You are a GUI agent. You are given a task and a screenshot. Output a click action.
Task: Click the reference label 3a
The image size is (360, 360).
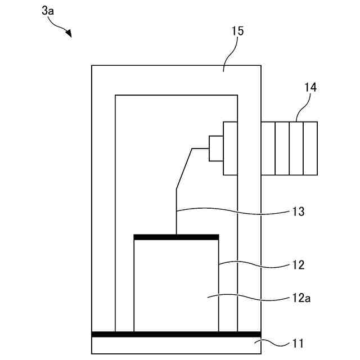pyautogui.click(x=48, y=10)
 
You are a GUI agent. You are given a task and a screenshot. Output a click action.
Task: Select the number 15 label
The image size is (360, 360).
pyautogui.click(x=237, y=31)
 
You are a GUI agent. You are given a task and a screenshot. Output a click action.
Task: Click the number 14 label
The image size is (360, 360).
pyautogui.click(x=310, y=87)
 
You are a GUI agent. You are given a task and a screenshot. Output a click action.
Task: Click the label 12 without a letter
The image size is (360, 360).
pyautogui.click(x=299, y=264)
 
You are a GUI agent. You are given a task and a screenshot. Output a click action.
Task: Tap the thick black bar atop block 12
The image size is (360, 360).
pyautogui.click(x=176, y=237)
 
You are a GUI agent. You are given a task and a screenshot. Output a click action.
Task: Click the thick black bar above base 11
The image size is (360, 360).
pyautogui.click(x=176, y=334)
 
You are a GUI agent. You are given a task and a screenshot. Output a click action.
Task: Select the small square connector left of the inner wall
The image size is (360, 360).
pyautogui.click(x=216, y=148)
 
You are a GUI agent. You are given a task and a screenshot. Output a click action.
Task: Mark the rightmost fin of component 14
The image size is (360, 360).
pyautogui.click(x=310, y=148)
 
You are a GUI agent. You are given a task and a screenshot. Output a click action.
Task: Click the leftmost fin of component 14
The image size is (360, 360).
pyautogui.click(x=268, y=148)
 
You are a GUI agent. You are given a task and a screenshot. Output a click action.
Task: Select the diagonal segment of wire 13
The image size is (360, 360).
pyautogui.click(x=184, y=169)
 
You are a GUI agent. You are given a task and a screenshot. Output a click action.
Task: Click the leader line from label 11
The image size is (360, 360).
pyautogui.click(x=276, y=341)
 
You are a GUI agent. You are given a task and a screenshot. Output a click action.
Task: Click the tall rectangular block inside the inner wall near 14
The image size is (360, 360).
pyautogui.click(x=230, y=148)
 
